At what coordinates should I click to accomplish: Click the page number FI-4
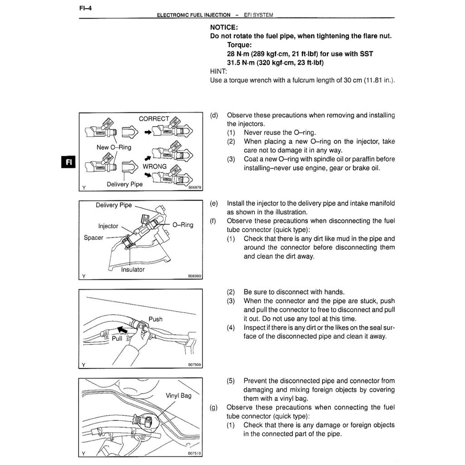[x=85, y=7]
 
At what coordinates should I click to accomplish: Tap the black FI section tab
[x=68, y=163]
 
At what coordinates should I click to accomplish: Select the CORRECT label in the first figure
[x=154, y=119]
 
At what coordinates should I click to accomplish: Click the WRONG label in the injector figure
[x=154, y=167]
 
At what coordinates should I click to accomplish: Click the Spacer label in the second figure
[x=94, y=237]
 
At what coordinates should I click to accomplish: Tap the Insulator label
[x=133, y=269]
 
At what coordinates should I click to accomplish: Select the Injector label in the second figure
[x=108, y=226]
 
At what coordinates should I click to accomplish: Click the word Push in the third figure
[x=155, y=319]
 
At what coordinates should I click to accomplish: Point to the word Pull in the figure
[x=117, y=338]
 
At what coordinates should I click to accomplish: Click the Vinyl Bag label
[x=178, y=396]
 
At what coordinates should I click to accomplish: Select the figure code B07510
[x=194, y=453]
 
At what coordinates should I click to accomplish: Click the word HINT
[x=218, y=71]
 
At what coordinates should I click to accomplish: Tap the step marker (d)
[x=214, y=115]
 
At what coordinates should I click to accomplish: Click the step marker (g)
[x=214, y=407]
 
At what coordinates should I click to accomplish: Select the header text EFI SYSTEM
[x=258, y=15]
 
